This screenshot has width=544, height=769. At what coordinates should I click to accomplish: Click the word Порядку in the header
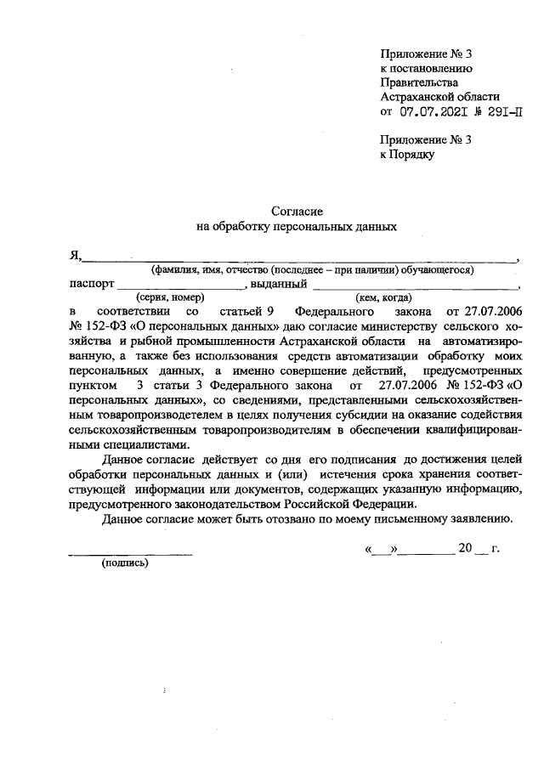[414, 155]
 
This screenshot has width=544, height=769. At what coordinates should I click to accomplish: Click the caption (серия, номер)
[170, 297]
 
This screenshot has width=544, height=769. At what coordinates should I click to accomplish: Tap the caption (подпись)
[124, 563]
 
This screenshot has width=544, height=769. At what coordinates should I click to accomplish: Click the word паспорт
[90, 284]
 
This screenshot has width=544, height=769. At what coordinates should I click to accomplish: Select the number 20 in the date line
[464, 548]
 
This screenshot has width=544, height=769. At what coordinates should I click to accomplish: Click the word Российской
[286, 503]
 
